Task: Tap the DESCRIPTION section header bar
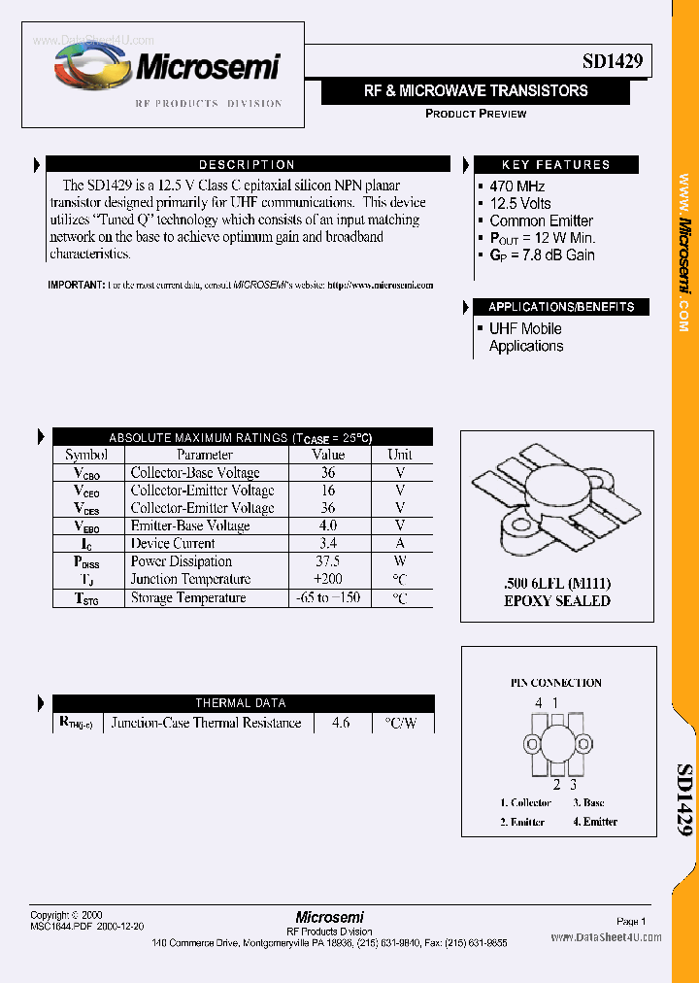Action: [247, 165]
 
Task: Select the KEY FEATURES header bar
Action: [555, 165]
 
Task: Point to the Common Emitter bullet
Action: [541, 220]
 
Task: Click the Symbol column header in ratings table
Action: [86, 455]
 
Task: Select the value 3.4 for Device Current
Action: [328, 543]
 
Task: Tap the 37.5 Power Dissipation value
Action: [328, 561]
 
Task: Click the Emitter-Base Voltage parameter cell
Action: [190, 525]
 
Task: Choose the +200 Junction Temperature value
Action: [328, 579]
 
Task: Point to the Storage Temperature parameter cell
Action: [188, 598]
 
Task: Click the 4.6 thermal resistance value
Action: [340, 723]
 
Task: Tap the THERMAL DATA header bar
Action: [241, 703]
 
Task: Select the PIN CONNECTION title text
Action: [556, 683]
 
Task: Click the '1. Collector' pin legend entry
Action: [525, 802]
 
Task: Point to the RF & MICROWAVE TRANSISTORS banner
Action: [476, 90]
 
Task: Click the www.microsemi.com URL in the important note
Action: [381, 286]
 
